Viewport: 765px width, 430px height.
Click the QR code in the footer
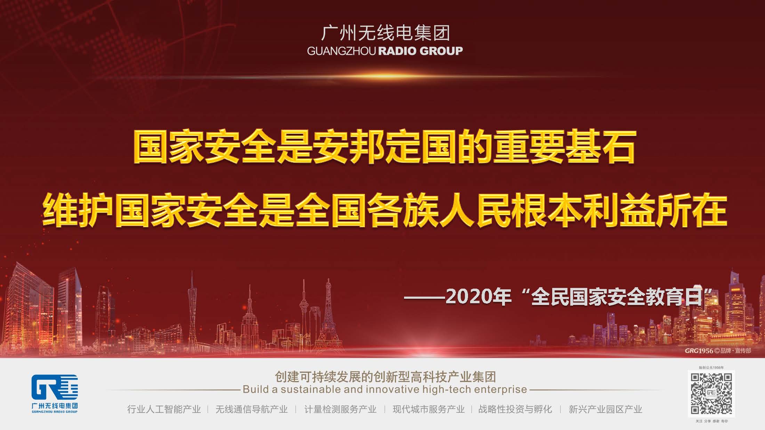coord(711,394)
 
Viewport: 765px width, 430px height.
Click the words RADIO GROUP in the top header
coord(420,51)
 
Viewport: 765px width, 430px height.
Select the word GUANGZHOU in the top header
coord(341,51)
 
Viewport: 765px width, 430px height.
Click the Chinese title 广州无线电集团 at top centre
coord(385,33)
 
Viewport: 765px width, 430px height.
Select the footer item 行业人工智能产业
coord(164,409)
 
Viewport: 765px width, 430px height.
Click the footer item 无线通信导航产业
coord(251,409)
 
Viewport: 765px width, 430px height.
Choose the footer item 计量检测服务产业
coord(340,409)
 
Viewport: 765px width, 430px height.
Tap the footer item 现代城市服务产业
coord(428,409)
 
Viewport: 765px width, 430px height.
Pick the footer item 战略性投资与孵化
coord(515,409)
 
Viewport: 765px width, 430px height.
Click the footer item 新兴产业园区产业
coord(605,409)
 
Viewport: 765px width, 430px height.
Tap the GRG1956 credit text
coord(699,351)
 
